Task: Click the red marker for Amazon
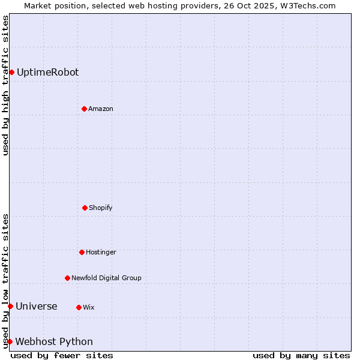(x=84, y=109)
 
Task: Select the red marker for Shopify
(x=85, y=208)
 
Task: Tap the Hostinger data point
(x=82, y=252)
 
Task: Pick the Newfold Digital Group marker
(x=67, y=278)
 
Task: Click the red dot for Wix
(x=79, y=307)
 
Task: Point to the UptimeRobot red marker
(x=11, y=72)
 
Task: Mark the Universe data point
(x=10, y=306)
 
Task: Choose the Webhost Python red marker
(x=10, y=341)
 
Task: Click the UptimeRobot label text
(x=47, y=72)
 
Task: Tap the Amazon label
(x=101, y=109)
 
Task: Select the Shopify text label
(x=101, y=208)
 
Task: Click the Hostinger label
(x=101, y=252)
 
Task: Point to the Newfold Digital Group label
(x=106, y=278)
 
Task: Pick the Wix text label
(x=89, y=307)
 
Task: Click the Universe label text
(x=37, y=306)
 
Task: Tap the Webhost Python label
(x=54, y=341)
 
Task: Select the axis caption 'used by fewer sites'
(x=62, y=355)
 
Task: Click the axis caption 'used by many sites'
(x=301, y=355)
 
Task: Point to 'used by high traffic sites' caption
(x=5, y=85)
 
